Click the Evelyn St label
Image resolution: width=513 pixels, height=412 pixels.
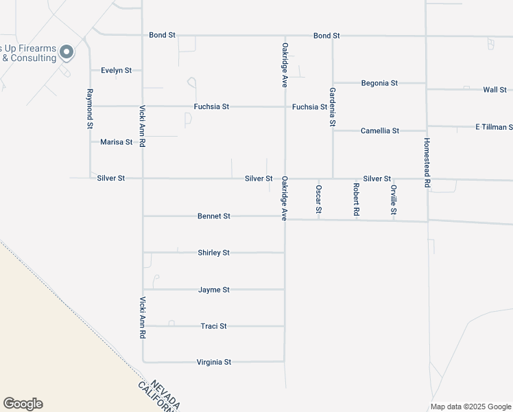pos(116,70)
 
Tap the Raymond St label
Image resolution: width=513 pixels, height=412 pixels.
pos(90,108)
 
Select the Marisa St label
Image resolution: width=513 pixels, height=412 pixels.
pos(116,142)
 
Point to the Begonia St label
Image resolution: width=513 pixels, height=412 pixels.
pos(379,83)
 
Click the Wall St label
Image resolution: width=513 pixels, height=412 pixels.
pos(494,90)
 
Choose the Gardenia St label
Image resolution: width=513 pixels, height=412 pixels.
pos(333,107)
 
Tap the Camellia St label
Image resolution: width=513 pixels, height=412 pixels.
pos(380,130)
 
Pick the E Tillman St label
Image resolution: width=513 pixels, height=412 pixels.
pos(494,127)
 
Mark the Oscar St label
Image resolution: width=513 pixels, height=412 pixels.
pos(319,199)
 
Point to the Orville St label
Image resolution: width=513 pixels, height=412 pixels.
pos(394,200)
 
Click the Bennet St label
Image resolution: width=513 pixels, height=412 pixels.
pos(213,216)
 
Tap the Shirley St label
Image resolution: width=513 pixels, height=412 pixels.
pos(213,253)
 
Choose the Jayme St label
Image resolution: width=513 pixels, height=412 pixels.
pos(213,290)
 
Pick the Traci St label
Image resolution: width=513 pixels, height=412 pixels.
pos(213,326)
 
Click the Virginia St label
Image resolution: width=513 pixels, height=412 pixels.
pos(214,362)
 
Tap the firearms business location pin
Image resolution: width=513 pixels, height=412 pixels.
pos(67,51)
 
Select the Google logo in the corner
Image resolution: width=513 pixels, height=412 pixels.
pos(23,404)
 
